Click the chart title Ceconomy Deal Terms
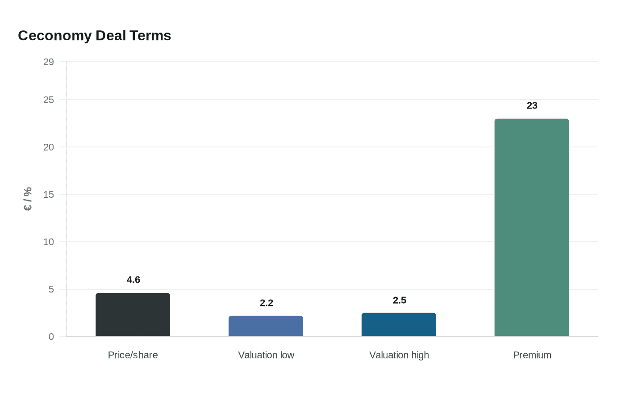94,36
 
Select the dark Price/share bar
133,314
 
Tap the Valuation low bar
266,326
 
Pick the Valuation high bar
399,325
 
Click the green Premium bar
532,227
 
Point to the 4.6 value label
133,280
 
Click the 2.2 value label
267,303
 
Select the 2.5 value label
400,300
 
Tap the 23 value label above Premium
532,105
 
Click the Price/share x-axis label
133,355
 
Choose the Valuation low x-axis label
266,355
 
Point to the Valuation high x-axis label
399,355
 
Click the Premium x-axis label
532,355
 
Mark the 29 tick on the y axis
49,62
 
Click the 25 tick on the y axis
49,100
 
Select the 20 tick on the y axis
49,147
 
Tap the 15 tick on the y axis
49,195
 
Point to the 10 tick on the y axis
49,242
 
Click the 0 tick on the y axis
51,337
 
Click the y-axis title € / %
28,199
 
